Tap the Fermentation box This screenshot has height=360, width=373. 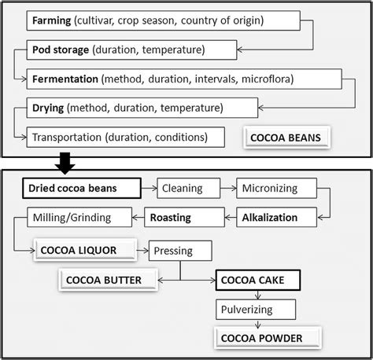click(x=185, y=79)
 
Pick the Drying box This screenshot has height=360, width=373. click(x=142, y=108)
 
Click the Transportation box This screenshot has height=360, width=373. click(x=118, y=137)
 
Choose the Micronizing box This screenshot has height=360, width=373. click(x=277, y=189)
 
